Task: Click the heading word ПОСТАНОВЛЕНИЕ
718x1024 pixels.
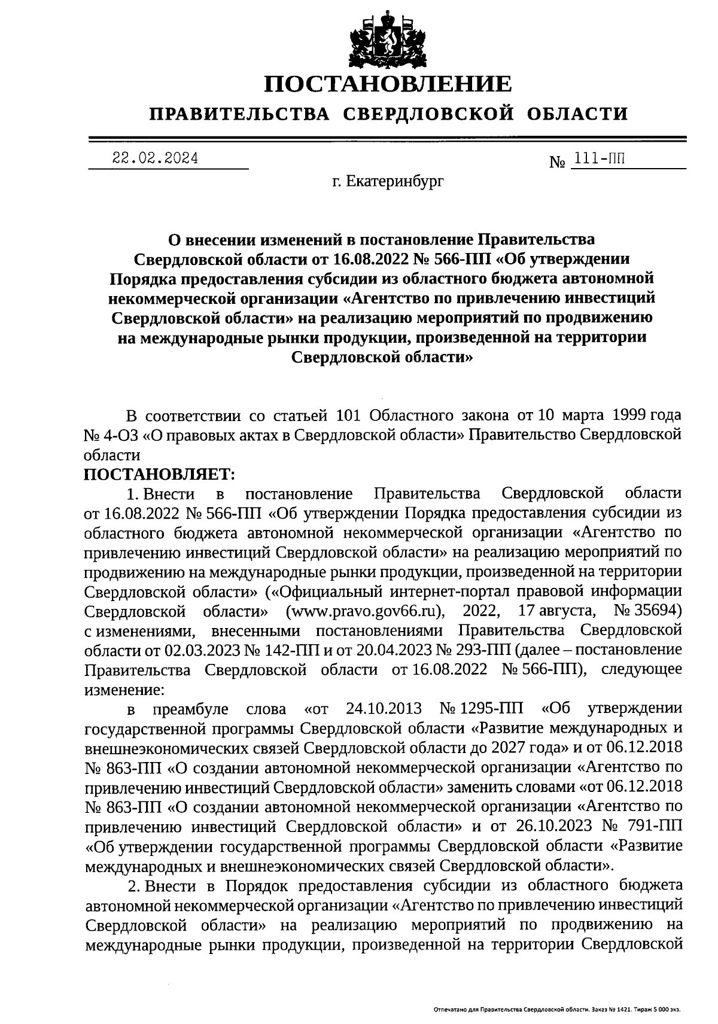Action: pos(388,84)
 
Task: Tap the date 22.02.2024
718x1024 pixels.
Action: pos(155,159)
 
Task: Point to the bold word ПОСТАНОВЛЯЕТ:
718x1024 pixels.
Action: pos(160,474)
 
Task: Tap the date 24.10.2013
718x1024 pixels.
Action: pos(384,709)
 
